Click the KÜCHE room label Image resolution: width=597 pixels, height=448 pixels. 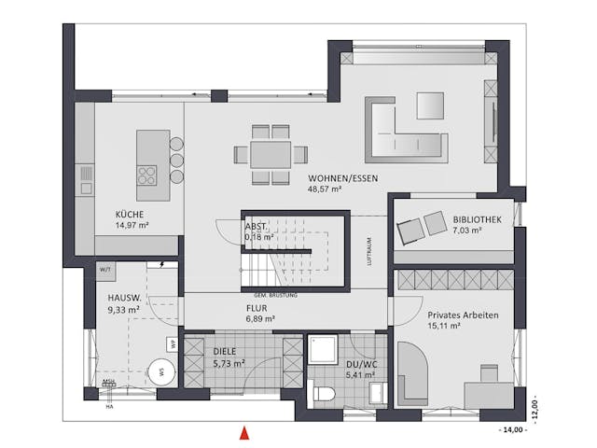click(x=130, y=213)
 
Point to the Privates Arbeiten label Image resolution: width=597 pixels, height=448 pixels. click(x=463, y=315)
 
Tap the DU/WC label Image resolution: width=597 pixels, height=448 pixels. click(x=359, y=363)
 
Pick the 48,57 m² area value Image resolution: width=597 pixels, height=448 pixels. click(x=324, y=189)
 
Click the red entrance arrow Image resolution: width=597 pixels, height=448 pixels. click(x=244, y=432)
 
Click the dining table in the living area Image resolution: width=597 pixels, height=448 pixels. click(x=271, y=153)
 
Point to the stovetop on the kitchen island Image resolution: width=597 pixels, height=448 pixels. click(x=147, y=175)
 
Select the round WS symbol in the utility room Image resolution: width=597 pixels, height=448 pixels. click(x=160, y=371)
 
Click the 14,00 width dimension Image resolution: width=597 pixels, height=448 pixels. click(x=513, y=430)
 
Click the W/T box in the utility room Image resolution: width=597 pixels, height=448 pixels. click(x=103, y=271)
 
